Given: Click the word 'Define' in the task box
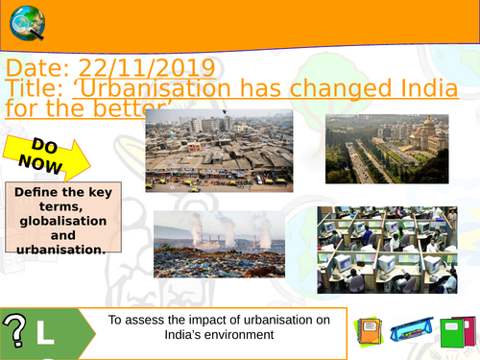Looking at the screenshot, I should coord(38,191).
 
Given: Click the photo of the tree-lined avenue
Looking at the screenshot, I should coord(387,149).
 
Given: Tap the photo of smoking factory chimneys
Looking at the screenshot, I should coord(219,244).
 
